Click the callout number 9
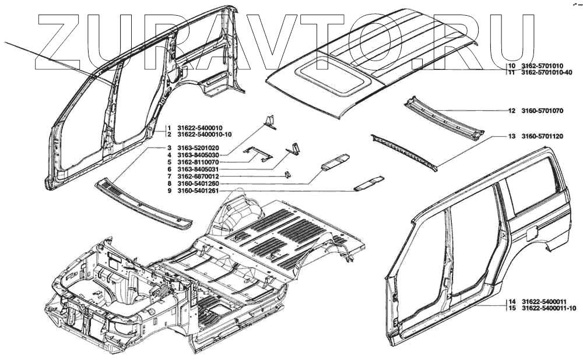coord(169,190)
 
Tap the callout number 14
coord(511,301)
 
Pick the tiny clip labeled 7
coord(287,174)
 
